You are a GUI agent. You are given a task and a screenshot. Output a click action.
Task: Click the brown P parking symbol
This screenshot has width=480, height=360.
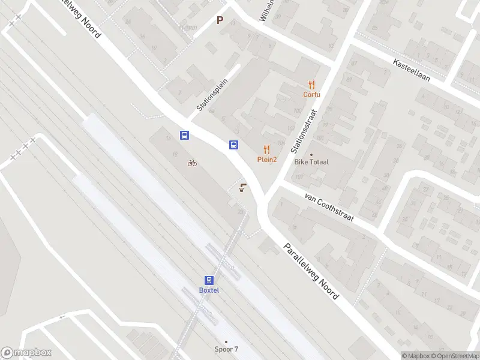[x=220, y=20]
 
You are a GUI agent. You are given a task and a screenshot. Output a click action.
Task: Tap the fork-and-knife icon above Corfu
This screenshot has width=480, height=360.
[x=311, y=85]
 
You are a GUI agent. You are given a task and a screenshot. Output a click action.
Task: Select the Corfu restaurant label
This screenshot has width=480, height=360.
[x=311, y=94]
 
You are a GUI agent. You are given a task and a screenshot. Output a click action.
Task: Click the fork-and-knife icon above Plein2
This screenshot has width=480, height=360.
[x=267, y=149]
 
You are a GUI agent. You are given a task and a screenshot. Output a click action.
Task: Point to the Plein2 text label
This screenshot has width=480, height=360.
[x=267, y=159]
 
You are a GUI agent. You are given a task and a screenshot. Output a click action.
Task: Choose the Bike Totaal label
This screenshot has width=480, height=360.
[x=311, y=161]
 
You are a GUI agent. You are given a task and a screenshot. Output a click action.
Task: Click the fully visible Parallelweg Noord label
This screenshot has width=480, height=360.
[x=311, y=271]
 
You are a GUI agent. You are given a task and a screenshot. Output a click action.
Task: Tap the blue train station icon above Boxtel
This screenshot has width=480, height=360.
[x=209, y=280]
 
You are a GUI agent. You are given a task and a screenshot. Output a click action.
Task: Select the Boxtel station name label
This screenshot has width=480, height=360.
[x=209, y=290]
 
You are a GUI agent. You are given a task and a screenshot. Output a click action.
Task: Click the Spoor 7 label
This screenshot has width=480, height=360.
[x=226, y=349]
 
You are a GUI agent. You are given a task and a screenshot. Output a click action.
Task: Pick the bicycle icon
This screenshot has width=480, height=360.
[x=192, y=162]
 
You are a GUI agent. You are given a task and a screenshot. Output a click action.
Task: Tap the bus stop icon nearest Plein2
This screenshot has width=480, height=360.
[x=233, y=145]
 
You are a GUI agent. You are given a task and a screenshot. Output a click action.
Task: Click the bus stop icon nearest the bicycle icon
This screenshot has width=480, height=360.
[x=185, y=136]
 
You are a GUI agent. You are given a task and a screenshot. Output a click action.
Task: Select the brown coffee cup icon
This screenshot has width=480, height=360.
[x=242, y=188]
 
